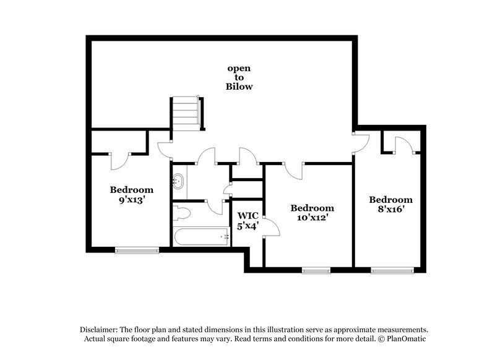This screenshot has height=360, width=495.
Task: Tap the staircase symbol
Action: click(x=185, y=113)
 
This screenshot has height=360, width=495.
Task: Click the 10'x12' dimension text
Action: click(x=312, y=218)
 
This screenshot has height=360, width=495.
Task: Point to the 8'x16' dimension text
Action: click(x=390, y=210)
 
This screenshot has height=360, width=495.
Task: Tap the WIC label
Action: click(x=247, y=215)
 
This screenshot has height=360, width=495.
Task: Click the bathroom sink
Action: click(x=179, y=181)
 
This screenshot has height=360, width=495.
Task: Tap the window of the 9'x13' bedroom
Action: click(x=137, y=250)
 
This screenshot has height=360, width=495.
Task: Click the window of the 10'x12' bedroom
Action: click(x=316, y=270)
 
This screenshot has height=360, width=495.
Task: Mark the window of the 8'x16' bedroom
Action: click(x=393, y=270)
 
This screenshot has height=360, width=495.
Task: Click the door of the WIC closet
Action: click(x=271, y=227)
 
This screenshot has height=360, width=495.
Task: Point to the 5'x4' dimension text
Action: click(x=247, y=226)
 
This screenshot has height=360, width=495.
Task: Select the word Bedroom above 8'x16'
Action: click(x=390, y=200)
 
